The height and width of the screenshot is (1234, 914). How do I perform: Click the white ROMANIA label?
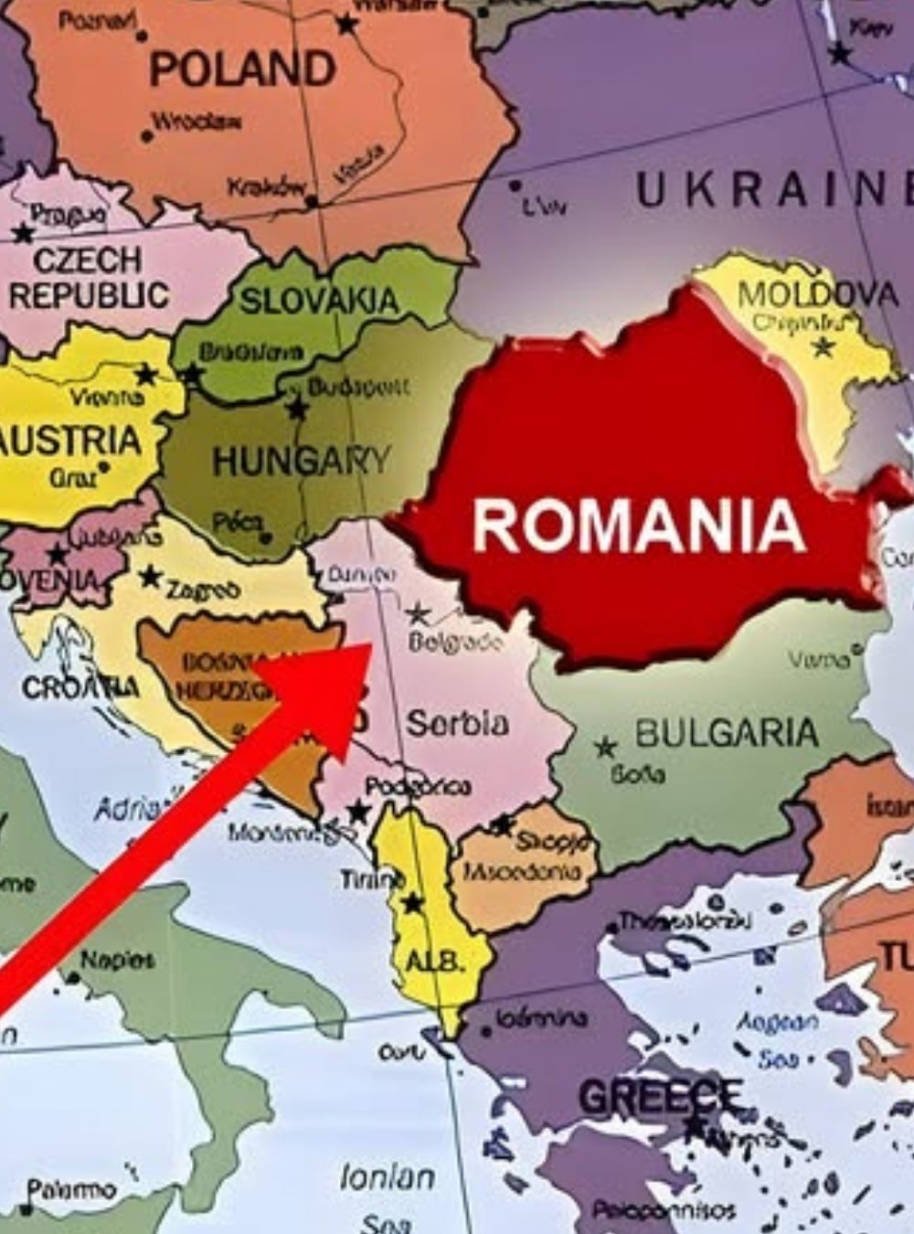pyautogui.click(x=639, y=526)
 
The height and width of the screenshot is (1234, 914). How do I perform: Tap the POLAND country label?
pyautogui.click(x=242, y=69)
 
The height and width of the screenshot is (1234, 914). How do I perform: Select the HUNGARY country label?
pyautogui.click(x=301, y=461)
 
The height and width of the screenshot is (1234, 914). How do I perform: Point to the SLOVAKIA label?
pyautogui.click(x=319, y=301)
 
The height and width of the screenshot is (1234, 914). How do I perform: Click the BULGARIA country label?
pyautogui.click(x=727, y=733)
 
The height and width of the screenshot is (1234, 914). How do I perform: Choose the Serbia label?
pyautogui.click(x=457, y=723)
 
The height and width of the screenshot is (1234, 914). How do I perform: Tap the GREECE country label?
pyautogui.click(x=660, y=1096)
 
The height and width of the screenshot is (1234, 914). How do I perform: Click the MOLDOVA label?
pyautogui.click(x=817, y=294)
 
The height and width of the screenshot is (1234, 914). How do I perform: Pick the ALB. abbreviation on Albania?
pyautogui.click(x=435, y=962)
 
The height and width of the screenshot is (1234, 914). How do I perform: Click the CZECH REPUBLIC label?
pyautogui.click(x=88, y=278)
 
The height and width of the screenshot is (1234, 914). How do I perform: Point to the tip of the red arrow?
pyautogui.click(x=369, y=645)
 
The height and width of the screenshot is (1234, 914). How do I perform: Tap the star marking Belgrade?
pyautogui.click(x=418, y=612)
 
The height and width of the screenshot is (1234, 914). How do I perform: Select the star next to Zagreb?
pyautogui.click(x=150, y=577)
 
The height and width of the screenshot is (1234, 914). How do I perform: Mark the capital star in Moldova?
pyautogui.click(x=824, y=346)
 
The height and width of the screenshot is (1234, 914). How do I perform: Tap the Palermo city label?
pyautogui.click(x=71, y=1189)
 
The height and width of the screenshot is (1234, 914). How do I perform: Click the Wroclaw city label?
pyautogui.click(x=197, y=121)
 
